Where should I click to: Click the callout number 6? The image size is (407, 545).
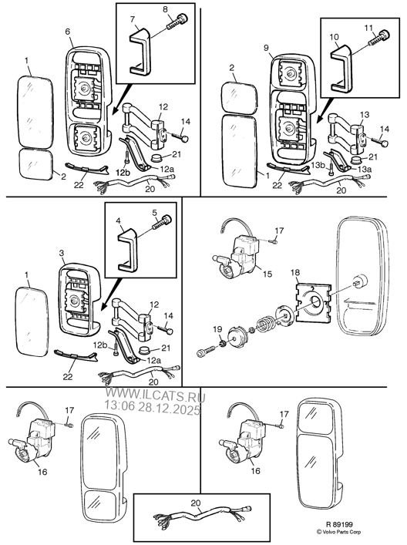pos(67,32)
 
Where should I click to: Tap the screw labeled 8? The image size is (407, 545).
pos(177,22)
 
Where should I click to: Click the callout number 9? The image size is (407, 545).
pos(266,48)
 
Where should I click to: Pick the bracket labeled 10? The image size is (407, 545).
pos(341,68)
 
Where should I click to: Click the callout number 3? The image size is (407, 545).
pos(62,253)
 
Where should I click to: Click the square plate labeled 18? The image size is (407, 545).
pos(313,302)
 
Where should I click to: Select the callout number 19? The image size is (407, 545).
pos(217,329)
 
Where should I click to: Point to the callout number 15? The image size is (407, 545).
pos(267,274)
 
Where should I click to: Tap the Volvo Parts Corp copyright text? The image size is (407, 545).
pos(338,532)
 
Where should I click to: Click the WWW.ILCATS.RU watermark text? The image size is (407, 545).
pos(156,396)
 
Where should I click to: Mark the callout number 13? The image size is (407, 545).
pos(365,115)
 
